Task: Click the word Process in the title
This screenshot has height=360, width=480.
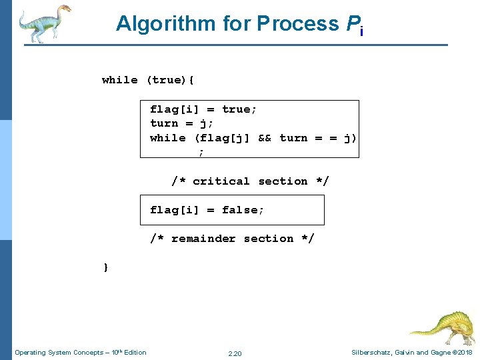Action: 298,23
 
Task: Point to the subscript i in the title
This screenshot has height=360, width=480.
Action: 361,31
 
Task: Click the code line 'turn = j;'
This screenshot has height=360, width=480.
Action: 177,123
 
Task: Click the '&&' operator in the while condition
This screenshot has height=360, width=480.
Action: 265,138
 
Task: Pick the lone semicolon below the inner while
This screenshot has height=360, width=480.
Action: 201,152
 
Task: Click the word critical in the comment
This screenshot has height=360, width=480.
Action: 221,181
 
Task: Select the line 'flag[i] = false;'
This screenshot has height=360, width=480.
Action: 207,210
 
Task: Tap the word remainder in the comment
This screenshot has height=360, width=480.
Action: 203,239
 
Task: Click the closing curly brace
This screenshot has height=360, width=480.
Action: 105,267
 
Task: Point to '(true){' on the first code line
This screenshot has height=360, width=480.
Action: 170,80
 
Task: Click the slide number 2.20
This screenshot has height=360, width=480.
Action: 235,353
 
